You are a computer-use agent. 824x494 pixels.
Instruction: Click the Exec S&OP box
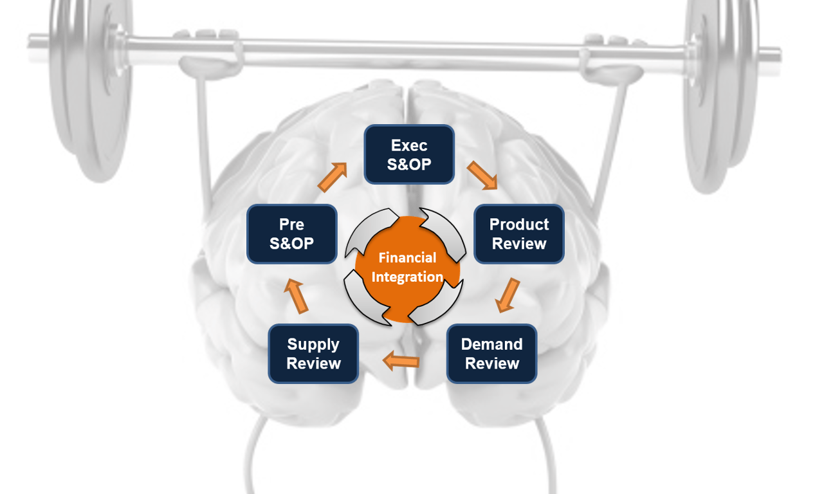click(x=409, y=154)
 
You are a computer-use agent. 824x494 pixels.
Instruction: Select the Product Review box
click(x=519, y=234)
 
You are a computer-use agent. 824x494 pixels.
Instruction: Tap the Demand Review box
click(x=491, y=354)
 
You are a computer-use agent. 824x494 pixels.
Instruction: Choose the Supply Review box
click(x=313, y=354)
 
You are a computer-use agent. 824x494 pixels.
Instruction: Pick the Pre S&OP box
click(x=291, y=234)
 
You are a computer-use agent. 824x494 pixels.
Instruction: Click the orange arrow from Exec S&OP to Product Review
click(x=482, y=176)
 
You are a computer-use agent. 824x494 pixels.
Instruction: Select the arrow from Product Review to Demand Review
click(x=508, y=295)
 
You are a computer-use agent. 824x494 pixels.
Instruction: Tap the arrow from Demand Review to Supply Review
click(x=401, y=360)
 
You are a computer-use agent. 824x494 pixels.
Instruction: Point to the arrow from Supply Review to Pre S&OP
click(x=297, y=296)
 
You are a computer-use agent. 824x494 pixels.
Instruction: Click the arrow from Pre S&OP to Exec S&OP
click(x=333, y=177)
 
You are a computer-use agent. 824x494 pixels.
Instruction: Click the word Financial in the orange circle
click(x=407, y=258)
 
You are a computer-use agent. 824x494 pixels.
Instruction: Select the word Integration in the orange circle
click(x=407, y=277)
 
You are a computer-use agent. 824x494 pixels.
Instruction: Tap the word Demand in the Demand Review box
click(x=491, y=344)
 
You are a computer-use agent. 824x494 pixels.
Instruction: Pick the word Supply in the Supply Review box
click(x=313, y=344)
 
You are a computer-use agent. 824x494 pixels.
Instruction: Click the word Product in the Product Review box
click(x=519, y=224)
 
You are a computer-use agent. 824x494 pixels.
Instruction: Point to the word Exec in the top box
click(x=409, y=145)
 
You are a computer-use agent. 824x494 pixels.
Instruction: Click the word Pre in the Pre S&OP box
click(x=291, y=224)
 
